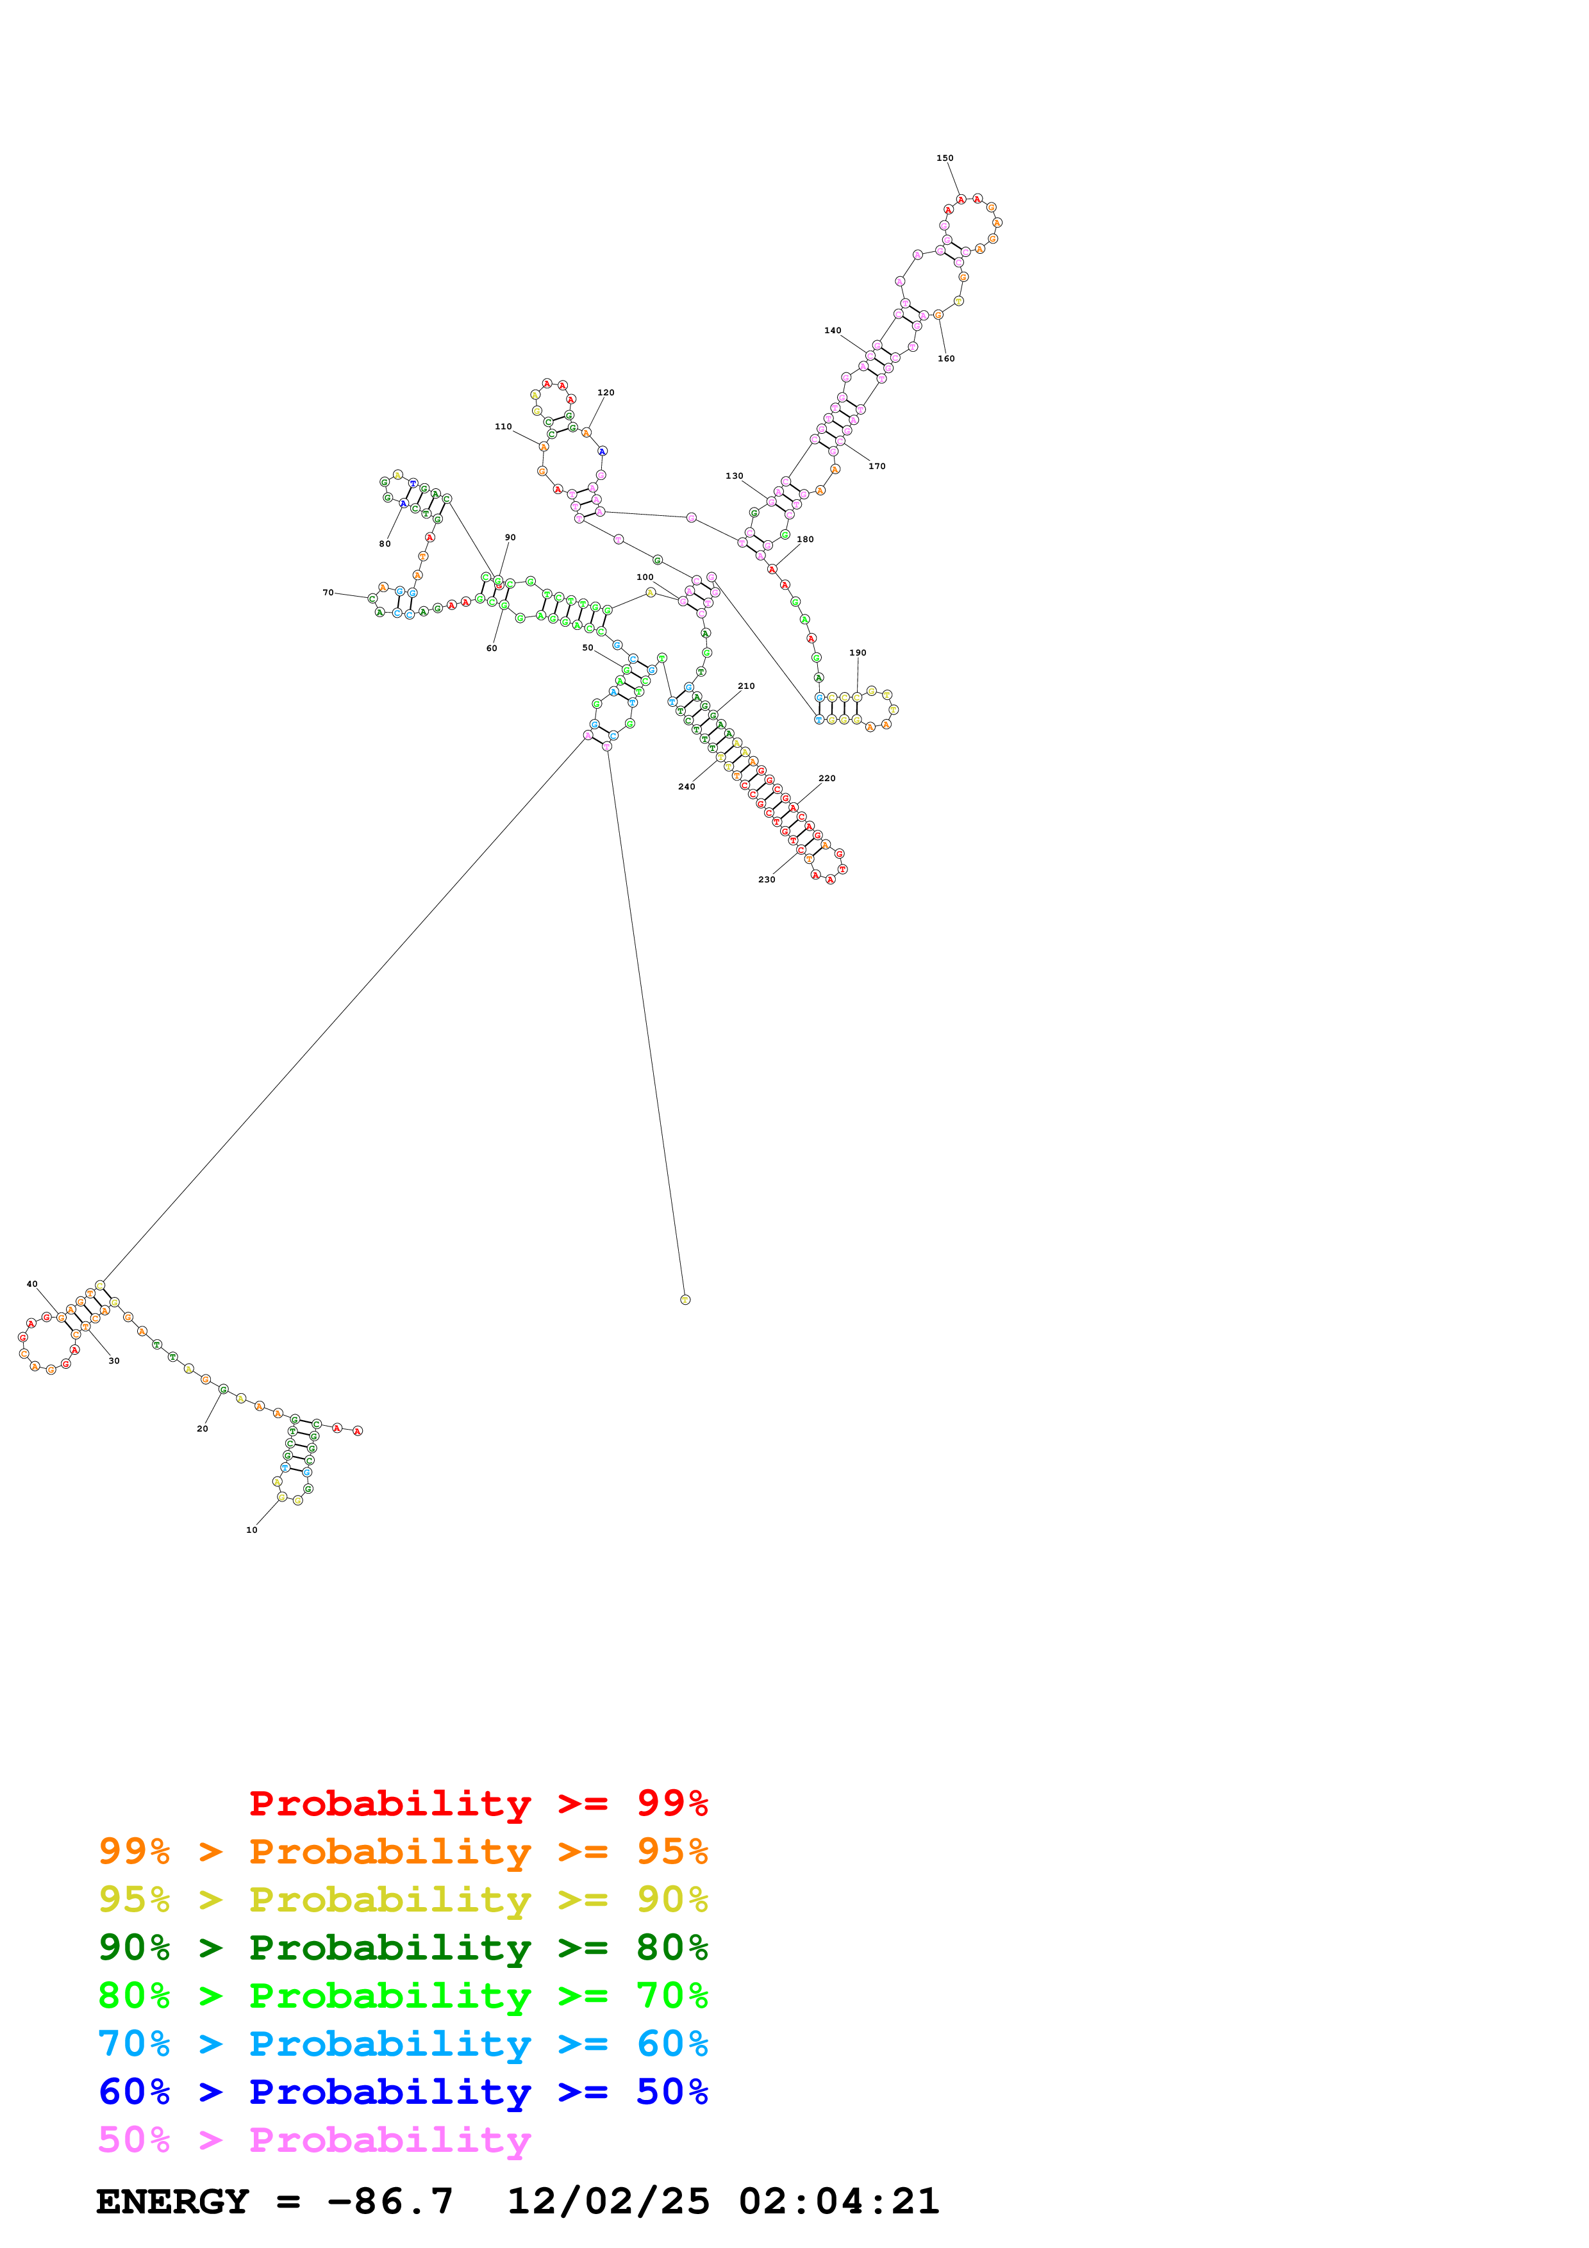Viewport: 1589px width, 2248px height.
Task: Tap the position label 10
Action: [x=252, y=1530]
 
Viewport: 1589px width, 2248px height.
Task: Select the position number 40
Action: [x=32, y=1284]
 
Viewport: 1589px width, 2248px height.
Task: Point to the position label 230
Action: [x=767, y=879]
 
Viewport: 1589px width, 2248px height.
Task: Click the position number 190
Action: [x=858, y=652]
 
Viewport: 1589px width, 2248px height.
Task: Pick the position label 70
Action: [x=328, y=592]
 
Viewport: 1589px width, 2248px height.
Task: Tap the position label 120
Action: [x=606, y=393]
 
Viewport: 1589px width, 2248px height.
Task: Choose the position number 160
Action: [x=945, y=358]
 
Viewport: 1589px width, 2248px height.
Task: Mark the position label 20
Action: [x=203, y=1428]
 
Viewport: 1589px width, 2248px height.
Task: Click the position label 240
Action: [x=686, y=786]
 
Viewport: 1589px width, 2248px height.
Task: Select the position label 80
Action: [x=385, y=543]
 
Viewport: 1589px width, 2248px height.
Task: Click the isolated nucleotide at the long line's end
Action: [x=685, y=1299]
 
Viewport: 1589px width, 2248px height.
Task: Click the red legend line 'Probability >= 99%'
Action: [x=478, y=1803]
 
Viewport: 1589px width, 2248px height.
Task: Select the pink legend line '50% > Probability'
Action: [x=313, y=2140]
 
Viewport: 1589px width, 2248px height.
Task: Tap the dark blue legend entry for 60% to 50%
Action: [x=403, y=2092]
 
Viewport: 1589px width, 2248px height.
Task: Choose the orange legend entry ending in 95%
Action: [x=403, y=1851]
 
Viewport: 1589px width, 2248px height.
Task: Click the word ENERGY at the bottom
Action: [x=172, y=2202]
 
